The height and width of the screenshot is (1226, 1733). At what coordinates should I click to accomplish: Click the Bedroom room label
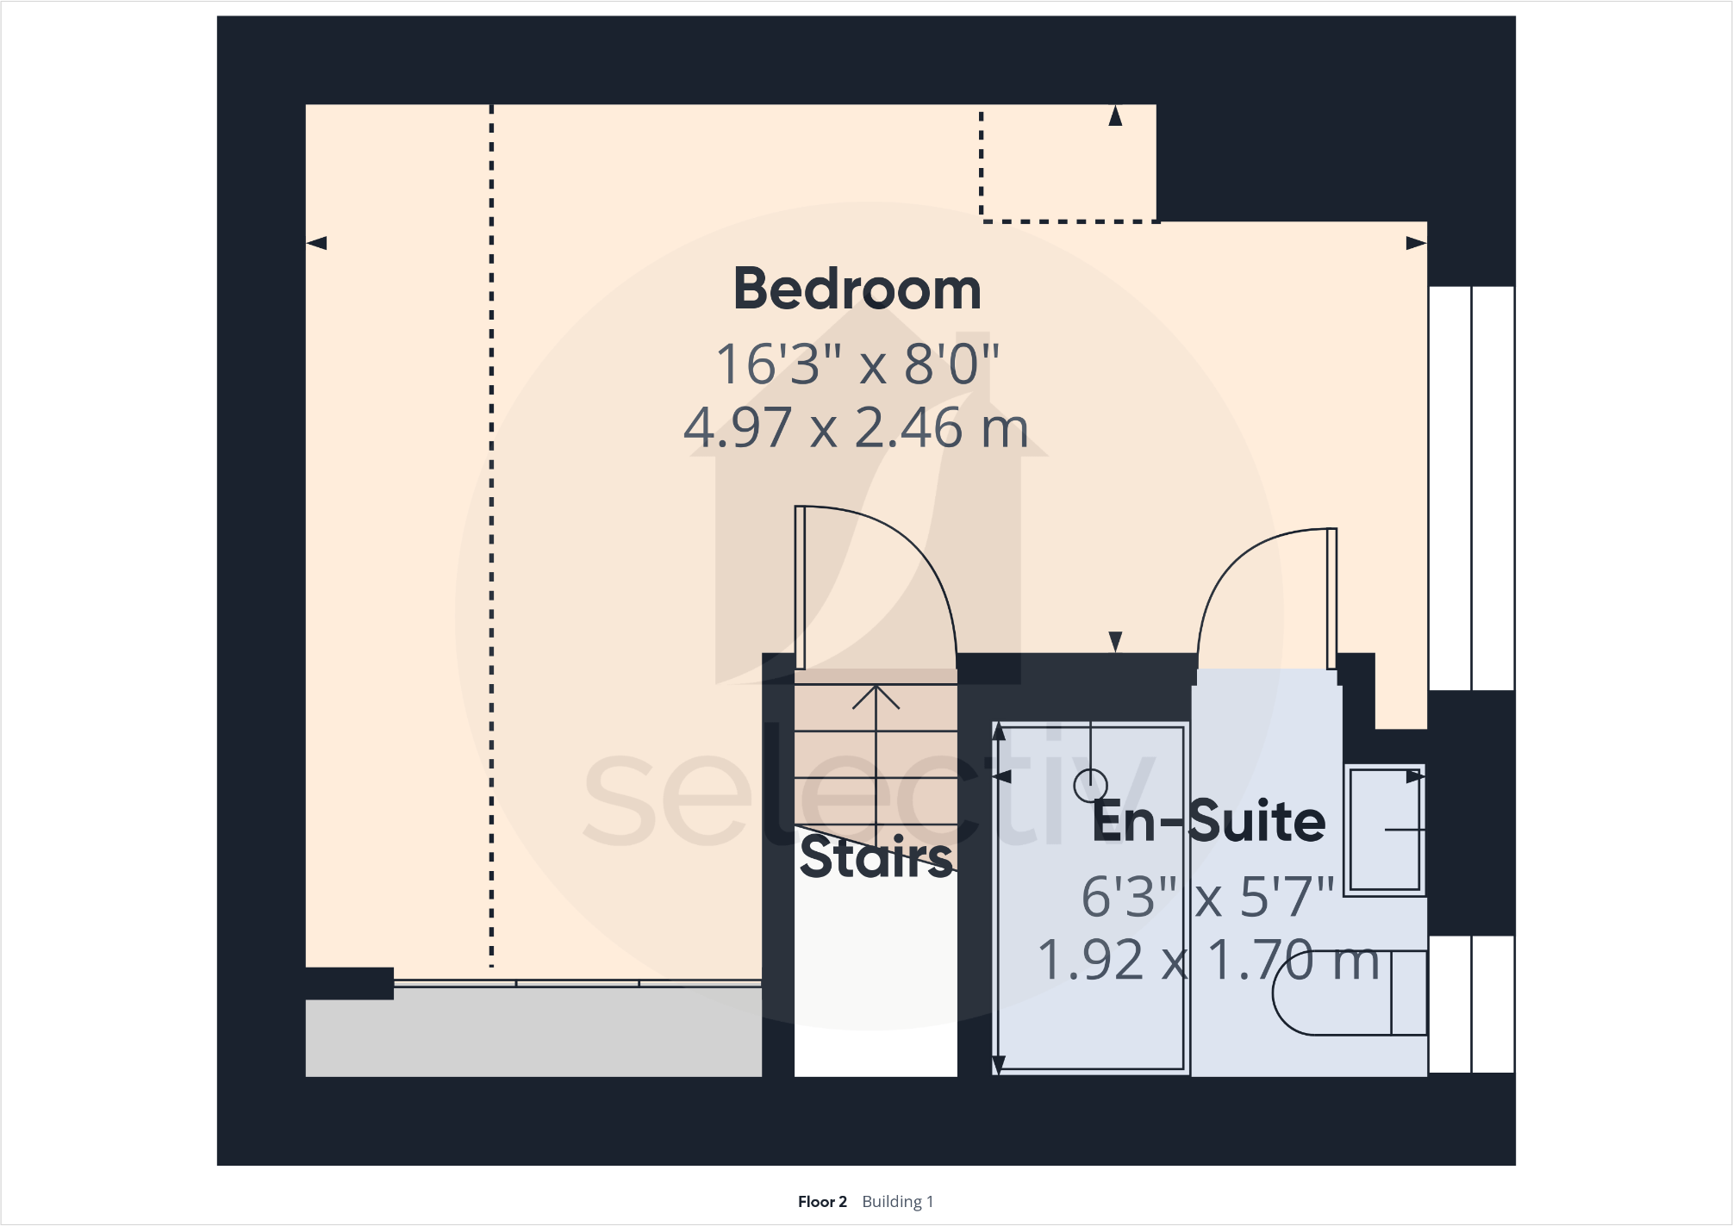pyautogui.click(x=857, y=289)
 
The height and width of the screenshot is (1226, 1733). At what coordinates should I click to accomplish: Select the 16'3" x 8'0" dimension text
pyautogui.click(x=857, y=364)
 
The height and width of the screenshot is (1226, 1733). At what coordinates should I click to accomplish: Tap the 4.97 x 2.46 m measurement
pyautogui.click(x=857, y=428)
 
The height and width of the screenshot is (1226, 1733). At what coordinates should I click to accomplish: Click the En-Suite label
pyautogui.click(x=1208, y=821)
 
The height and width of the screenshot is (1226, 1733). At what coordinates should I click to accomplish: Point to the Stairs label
pyautogui.click(x=876, y=857)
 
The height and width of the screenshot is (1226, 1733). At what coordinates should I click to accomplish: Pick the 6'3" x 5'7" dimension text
pyautogui.click(x=1208, y=897)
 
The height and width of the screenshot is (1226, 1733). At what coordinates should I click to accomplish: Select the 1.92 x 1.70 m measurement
pyautogui.click(x=1208, y=961)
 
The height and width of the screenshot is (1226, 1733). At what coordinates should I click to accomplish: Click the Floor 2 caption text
pyautogui.click(x=822, y=1202)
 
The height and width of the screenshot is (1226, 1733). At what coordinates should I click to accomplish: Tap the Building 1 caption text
pyautogui.click(x=898, y=1202)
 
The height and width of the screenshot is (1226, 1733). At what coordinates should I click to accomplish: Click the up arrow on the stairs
pyautogui.click(x=876, y=698)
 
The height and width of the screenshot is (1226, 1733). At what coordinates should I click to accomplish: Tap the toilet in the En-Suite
pyautogui.click(x=1344, y=993)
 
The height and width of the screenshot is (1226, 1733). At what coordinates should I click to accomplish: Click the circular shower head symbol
pyautogui.click(x=1090, y=785)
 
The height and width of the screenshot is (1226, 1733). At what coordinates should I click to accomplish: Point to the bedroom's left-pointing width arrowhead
pyautogui.click(x=317, y=243)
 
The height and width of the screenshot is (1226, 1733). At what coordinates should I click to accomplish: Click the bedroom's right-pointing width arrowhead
pyautogui.click(x=1416, y=243)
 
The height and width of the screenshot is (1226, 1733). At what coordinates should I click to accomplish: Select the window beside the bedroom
pyautogui.click(x=1471, y=488)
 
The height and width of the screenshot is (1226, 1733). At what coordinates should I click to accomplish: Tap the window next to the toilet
pyautogui.click(x=1471, y=1004)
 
